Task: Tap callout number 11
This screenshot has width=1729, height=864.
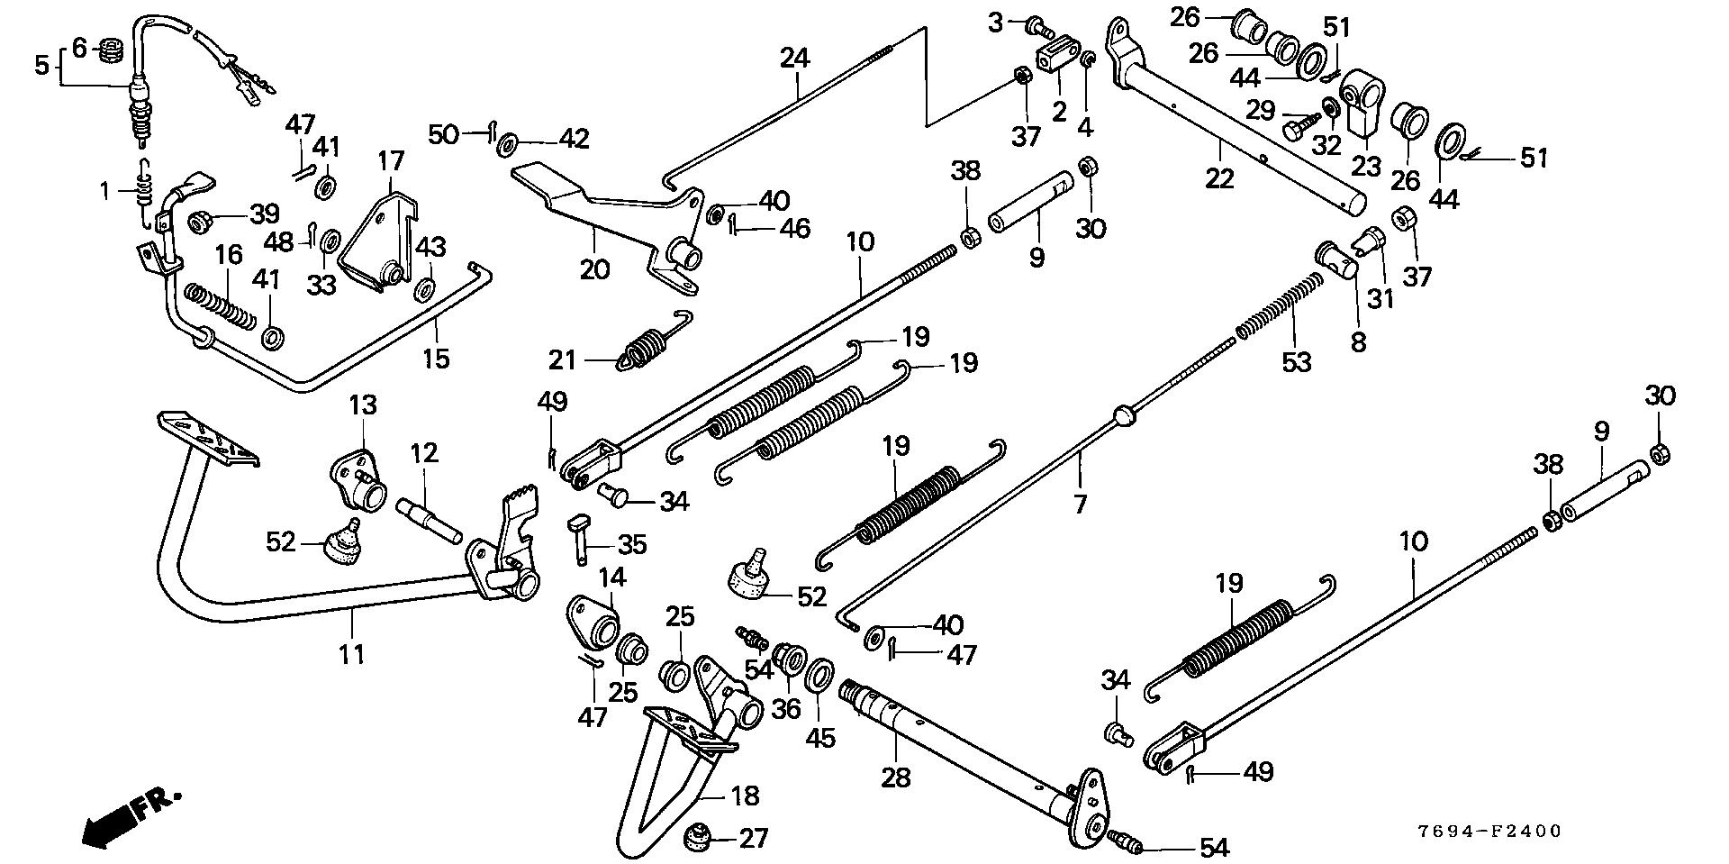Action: [352, 654]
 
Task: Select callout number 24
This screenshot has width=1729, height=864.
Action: [795, 59]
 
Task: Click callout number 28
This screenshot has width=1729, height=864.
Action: [895, 776]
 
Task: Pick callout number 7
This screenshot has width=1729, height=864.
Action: [1081, 505]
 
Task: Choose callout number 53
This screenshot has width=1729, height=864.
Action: [1297, 362]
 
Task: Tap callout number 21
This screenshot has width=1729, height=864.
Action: [563, 361]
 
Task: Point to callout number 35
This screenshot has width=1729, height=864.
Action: [632, 544]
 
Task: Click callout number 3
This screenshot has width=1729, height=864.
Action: [995, 23]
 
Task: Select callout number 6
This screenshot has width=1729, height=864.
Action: [79, 47]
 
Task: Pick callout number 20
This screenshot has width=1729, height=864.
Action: [594, 268]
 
